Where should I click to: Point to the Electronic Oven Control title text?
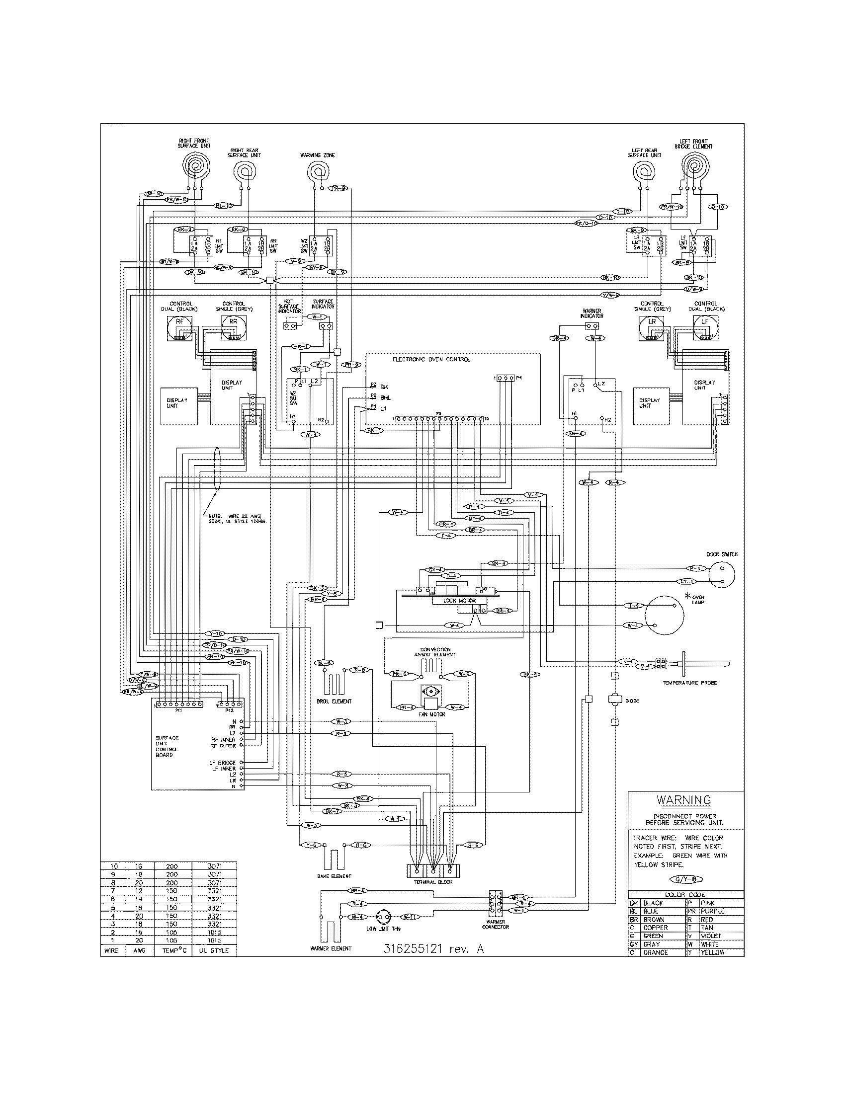tap(431, 359)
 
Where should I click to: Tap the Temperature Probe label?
tap(689, 683)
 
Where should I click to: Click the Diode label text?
tap(632, 701)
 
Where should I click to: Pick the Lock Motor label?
tap(460, 600)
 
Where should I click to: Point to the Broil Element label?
tap(335, 701)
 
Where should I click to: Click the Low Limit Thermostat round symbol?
tap(385, 917)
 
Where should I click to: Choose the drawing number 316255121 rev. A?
tap(433, 948)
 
